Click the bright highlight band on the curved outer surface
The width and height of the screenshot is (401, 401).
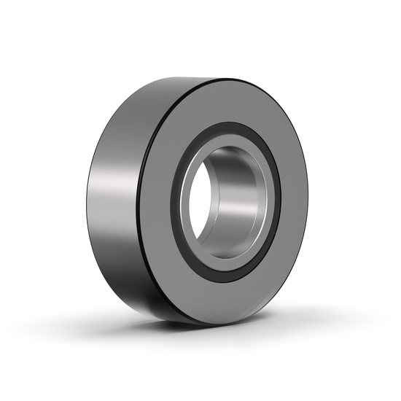109,197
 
